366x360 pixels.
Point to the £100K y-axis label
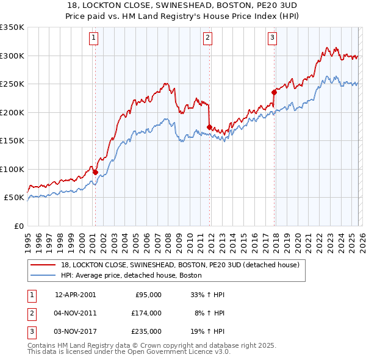[x=12, y=169]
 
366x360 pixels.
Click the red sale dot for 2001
[x=95, y=172]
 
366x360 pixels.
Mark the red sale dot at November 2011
[x=209, y=128]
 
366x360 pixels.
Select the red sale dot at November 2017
[x=274, y=93]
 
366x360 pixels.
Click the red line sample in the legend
[x=43, y=265]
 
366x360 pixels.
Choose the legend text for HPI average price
[x=132, y=276]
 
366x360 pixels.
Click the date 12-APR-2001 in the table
[x=75, y=294]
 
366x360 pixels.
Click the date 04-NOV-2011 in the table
[x=75, y=313]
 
